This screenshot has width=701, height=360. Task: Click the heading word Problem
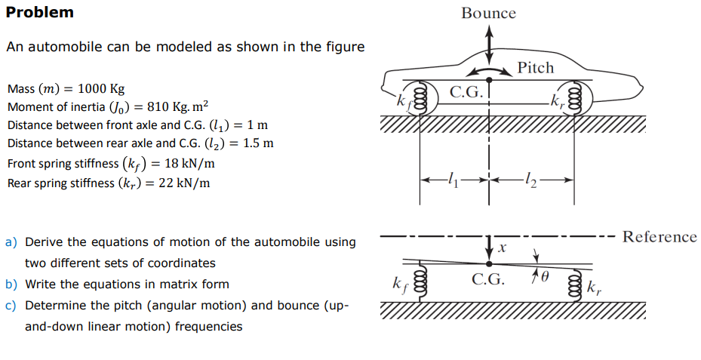point(40,12)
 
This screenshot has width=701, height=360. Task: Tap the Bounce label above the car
point(488,13)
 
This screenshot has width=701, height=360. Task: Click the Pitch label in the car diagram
point(536,68)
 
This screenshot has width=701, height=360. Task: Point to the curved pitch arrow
point(489,70)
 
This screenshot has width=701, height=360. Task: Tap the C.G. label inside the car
point(466,93)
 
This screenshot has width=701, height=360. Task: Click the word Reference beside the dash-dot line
point(659,237)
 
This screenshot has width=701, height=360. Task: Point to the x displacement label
point(501,247)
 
